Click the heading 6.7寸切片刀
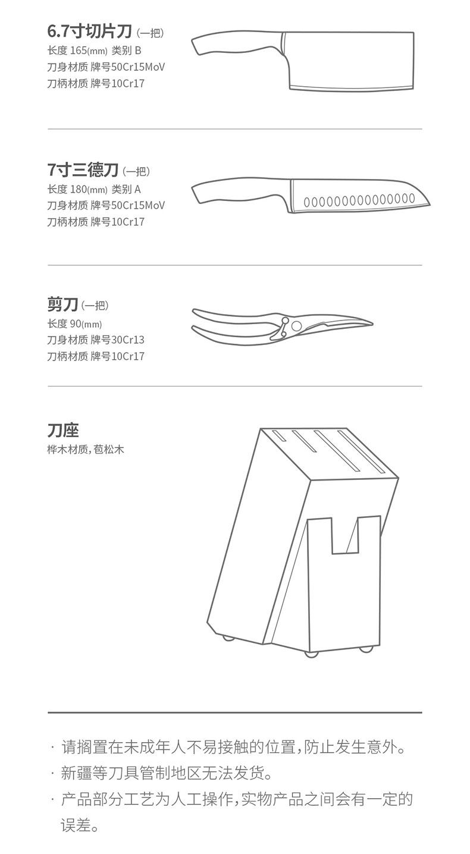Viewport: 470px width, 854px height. (89, 32)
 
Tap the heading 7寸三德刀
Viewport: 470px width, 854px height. (83, 171)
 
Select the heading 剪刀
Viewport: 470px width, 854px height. (62, 305)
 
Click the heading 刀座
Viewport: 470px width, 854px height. (63, 430)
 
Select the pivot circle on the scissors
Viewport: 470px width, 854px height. (296, 325)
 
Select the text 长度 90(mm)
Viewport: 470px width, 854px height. (74, 324)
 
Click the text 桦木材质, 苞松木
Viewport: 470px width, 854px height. (86, 449)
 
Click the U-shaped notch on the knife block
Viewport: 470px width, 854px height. (344, 535)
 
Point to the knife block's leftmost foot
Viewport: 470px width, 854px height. (228, 638)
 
